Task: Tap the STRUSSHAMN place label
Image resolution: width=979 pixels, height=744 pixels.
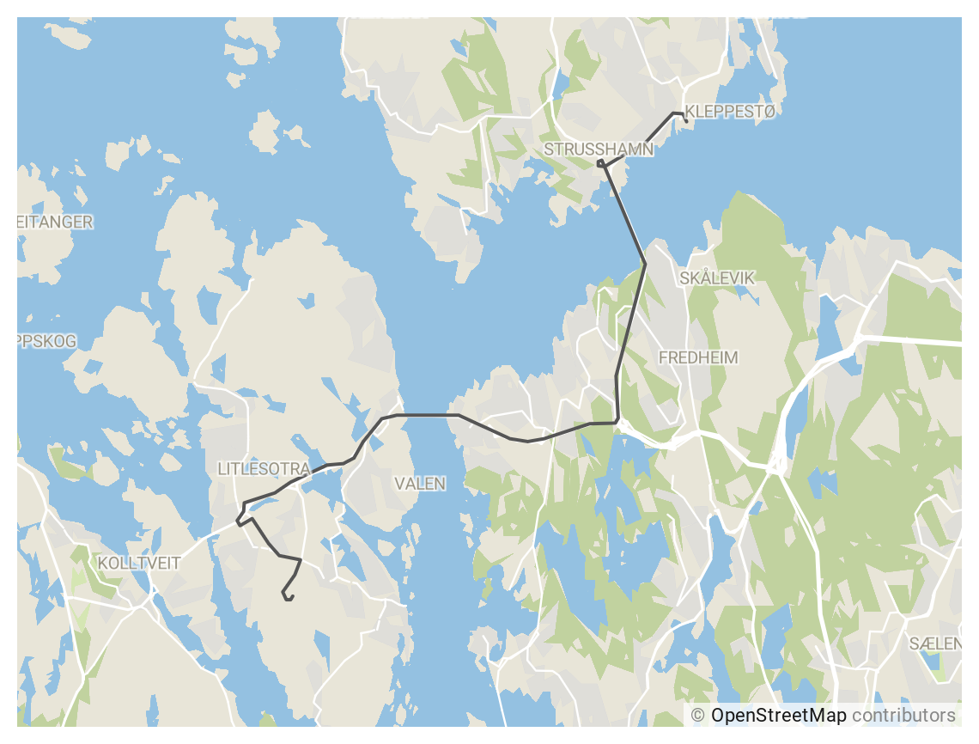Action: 599,149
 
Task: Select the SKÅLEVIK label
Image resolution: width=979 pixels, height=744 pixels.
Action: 716,278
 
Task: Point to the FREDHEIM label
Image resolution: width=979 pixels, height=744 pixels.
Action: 698,357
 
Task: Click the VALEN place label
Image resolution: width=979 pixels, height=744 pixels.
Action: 420,484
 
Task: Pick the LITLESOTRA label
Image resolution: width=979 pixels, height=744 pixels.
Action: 263,469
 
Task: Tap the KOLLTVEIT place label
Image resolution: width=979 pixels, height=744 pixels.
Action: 139,564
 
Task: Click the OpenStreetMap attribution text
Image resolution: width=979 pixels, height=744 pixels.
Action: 778,716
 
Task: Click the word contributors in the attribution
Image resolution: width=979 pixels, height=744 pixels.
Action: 903,716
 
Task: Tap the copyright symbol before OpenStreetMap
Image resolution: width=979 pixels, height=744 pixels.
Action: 697,716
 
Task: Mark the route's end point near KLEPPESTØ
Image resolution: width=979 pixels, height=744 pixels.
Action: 687,121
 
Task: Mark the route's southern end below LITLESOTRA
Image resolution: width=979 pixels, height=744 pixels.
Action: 288,599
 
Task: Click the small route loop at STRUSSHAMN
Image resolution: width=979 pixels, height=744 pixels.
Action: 600,162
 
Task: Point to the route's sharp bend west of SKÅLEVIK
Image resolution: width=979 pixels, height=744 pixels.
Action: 645,263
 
